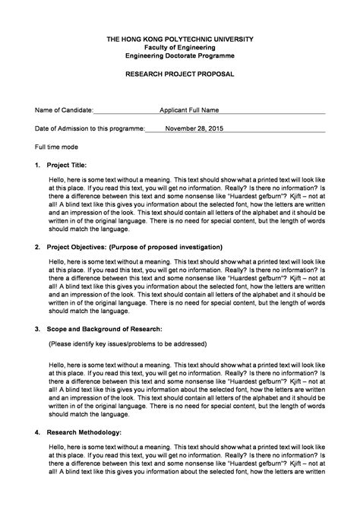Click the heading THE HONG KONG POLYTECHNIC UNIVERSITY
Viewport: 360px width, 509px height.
coord(180,39)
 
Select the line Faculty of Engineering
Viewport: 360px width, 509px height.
coord(180,47)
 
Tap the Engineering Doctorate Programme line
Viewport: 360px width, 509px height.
coord(180,56)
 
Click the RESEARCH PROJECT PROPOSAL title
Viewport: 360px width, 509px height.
coord(180,74)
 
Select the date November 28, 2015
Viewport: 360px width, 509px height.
coord(194,128)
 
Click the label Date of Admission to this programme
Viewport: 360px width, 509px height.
coord(79,128)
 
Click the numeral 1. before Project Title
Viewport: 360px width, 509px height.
coord(38,164)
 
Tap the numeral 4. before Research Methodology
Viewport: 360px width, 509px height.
coord(38,432)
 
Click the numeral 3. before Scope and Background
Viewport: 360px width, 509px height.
coord(38,329)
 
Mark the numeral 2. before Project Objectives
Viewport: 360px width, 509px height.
coord(38,247)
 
